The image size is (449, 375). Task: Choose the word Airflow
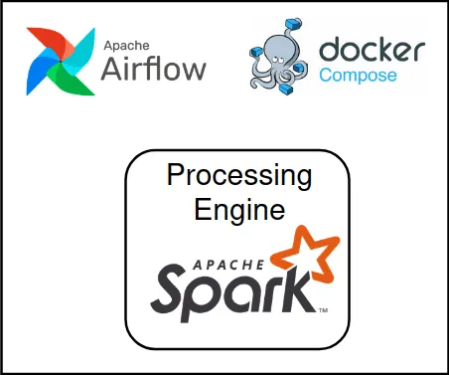[155, 69]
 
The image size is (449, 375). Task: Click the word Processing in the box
[238, 177]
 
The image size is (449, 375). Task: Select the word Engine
[238, 210]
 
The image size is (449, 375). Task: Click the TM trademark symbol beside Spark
[323, 310]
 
